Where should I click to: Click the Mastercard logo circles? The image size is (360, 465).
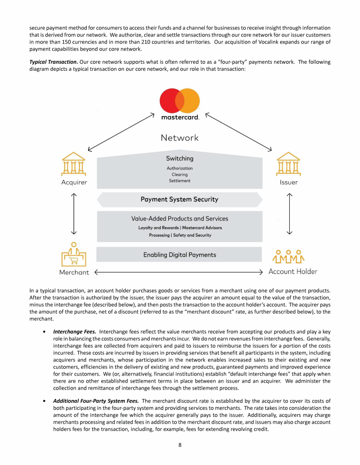click(x=180, y=101)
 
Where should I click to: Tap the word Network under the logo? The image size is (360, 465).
click(x=180, y=138)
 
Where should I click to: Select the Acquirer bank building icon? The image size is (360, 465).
click(x=74, y=163)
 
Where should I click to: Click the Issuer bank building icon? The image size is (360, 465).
click(x=288, y=163)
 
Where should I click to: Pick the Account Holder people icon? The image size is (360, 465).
click(x=289, y=256)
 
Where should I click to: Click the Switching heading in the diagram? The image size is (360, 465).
click(x=180, y=159)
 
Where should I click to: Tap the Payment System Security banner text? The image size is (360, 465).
click(x=180, y=199)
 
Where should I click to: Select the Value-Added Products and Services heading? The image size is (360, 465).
click(x=180, y=219)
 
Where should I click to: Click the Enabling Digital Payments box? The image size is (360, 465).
click(x=180, y=255)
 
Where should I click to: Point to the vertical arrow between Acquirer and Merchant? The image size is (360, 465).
click(x=74, y=213)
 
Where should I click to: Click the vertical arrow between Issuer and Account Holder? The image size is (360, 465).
click(x=289, y=213)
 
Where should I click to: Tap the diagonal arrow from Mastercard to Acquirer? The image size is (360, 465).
click(x=121, y=132)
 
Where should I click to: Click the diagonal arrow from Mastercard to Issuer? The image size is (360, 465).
click(x=239, y=132)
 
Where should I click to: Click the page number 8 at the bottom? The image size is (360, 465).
click(x=180, y=445)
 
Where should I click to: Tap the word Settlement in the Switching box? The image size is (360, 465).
click(x=180, y=181)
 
